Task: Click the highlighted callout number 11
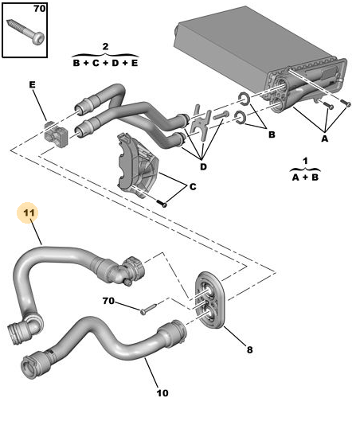coord(29,213)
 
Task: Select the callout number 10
coord(162,393)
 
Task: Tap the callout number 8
coord(249,349)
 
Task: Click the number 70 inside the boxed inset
coord(40,9)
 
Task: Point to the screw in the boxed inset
coord(25,32)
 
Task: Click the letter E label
coord(32,85)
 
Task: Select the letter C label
coord(193,186)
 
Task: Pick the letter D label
coord(203,167)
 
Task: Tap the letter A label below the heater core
coord(325,138)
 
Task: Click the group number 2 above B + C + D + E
coord(106,46)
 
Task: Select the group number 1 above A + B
coord(305,161)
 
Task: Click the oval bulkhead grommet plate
coord(210,300)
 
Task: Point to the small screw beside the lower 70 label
coord(148,309)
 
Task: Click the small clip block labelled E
coord(56,134)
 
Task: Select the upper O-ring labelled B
coord(244,98)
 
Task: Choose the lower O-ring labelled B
coord(240,118)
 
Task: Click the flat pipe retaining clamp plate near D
coord(201,122)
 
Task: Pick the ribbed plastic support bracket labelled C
coord(138,165)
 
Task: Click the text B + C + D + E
coord(106,63)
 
